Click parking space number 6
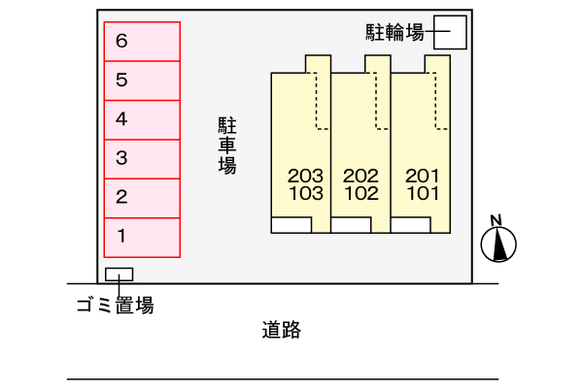pyautogui.click(x=142, y=42)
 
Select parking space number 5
pyautogui.click(x=142, y=81)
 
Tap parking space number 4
pyautogui.click(x=142, y=119)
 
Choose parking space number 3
pyautogui.click(x=142, y=158)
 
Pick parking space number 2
pyautogui.click(x=142, y=198)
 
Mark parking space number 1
pyautogui.click(x=142, y=237)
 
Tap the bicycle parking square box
pyautogui.click(x=450, y=32)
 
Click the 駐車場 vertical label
pyautogui.click(x=227, y=145)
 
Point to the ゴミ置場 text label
pyautogui.click(x=115, y=307)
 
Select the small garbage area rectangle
pyautogui.click(x=120, y=274)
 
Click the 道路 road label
pyautogui.click(x=282, y=331)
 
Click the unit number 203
pyautogui.click(x=305, y=176)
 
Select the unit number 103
pyautogui.click(x=305, y=192)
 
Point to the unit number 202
pyautogui.click(x=360, y=176)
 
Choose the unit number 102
pyautogui.click(x=360, y=192)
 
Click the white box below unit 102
pyautogui.click(x=351, y=225)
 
